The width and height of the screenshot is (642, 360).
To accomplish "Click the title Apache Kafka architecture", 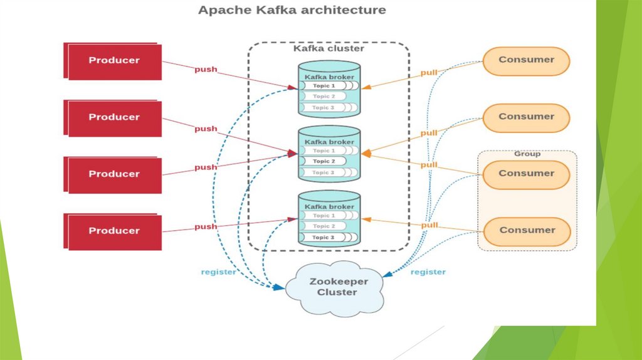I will tap(292, 10).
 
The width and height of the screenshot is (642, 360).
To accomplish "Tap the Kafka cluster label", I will tap(329, 48).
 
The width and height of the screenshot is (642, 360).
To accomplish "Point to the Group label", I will tap(527, 154).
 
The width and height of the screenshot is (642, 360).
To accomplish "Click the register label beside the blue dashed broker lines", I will tap(218, 272).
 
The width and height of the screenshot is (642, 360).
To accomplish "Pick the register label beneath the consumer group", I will tap(428, 272).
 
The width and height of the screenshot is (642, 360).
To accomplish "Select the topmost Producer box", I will tap(114, 61).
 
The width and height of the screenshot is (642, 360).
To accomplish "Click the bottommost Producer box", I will tap(114, 231).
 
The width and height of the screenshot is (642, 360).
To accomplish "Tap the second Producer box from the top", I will tap(114, 117).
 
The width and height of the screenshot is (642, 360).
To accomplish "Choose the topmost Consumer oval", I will tap(527, 60).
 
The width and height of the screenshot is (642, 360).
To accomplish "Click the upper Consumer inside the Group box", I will tap(527, 174).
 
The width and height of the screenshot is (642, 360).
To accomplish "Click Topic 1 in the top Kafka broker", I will tap(324, 85).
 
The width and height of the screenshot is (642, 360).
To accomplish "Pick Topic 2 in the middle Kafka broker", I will tap(324, 161).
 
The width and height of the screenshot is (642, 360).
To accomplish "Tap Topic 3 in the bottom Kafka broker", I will tap(324, 237).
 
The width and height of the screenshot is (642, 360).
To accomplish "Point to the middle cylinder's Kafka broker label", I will tap(329, 142).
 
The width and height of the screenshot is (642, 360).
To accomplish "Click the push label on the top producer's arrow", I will tap(206, 69).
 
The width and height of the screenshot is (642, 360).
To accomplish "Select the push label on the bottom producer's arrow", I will tap(206, 226).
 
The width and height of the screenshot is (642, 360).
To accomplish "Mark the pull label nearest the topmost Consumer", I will tap(429, 73).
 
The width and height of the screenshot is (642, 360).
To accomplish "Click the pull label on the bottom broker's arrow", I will tap(429, 225).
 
